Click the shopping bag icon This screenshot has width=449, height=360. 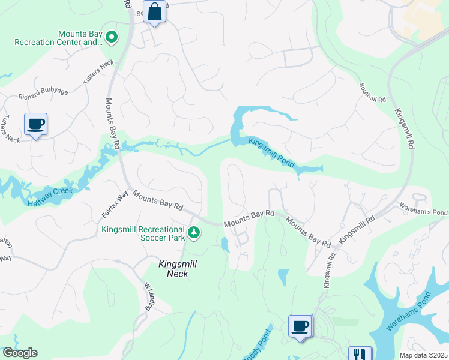coord(155,12)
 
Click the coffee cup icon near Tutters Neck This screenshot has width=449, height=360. coord(35,124)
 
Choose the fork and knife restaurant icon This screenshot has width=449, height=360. coord(360,354)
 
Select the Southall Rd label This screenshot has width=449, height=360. coord(373,93)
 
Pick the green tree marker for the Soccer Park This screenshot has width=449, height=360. coord(193,232)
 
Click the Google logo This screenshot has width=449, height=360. coord(20,353)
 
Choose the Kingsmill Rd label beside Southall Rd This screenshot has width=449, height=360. coord(403,128)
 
